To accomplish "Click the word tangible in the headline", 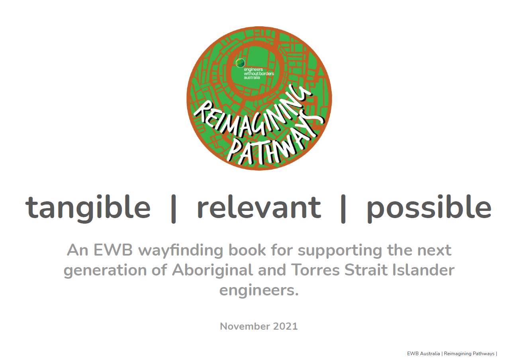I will [x=88, y=207].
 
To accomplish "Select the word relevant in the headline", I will [x=259, y=207].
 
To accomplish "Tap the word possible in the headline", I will [x=429, y=207].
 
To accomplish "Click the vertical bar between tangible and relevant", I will [x=173, y=208].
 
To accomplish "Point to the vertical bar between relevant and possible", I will [x=343, y=208].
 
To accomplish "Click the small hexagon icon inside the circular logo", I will [x=240, y=63].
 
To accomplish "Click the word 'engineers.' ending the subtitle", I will [x=259, y=290].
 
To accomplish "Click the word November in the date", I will [x=245, y=326].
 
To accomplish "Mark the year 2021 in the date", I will [x=285, y=326].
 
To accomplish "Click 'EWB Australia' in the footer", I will [x=423, y=354].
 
